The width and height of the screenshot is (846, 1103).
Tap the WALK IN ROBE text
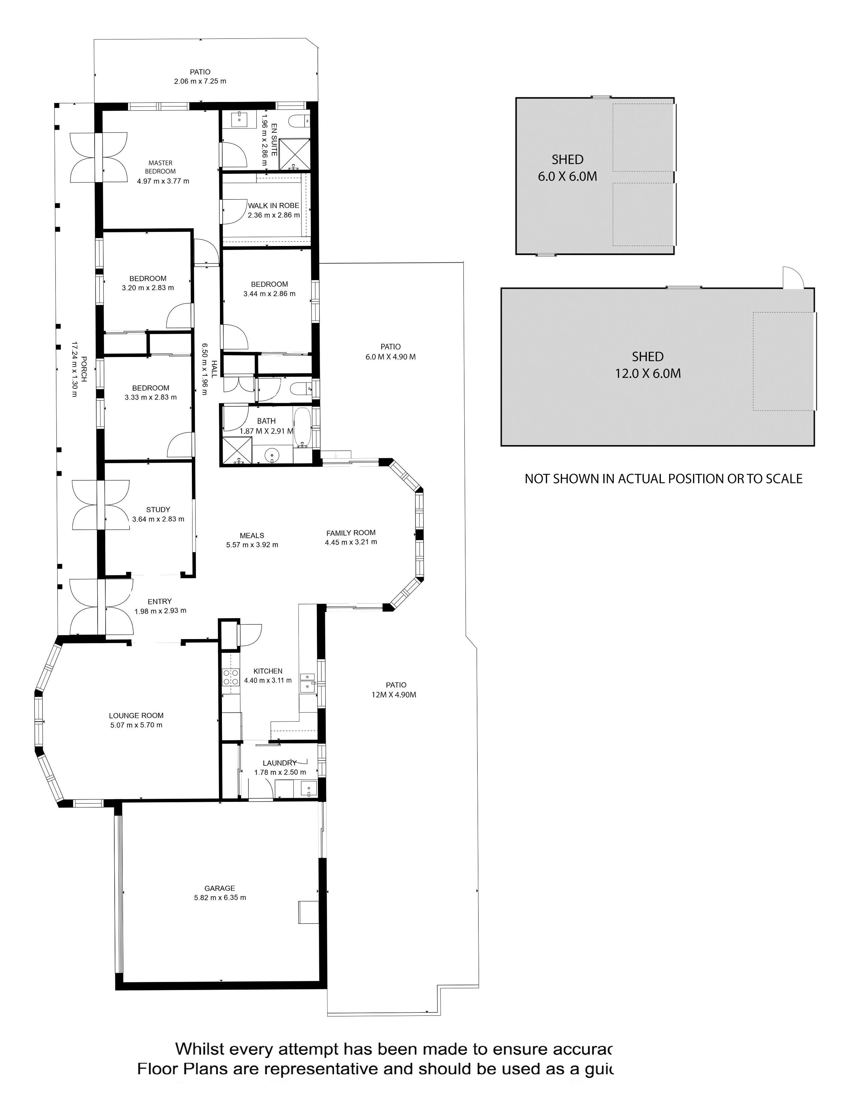(x=273, y=206)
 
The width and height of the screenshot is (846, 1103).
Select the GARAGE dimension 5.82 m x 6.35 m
(x=220, y=897)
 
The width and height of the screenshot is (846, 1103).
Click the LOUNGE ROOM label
(x=136, y=715)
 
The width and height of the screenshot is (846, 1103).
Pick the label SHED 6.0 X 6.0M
(x=568, y=168)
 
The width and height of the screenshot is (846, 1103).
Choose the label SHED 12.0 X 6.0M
(x=647, y=365)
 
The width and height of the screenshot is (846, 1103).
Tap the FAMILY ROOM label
(x=351, y=533)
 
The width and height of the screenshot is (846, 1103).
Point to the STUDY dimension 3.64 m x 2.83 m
(x=158, y=519)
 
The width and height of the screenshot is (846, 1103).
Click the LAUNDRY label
(x=279, y=763)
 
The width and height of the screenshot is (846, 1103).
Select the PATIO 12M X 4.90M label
(x=396, y=690)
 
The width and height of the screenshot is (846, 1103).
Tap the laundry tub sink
(x=308, y=788)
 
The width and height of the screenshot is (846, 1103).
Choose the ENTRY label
(x=160, y=601)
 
